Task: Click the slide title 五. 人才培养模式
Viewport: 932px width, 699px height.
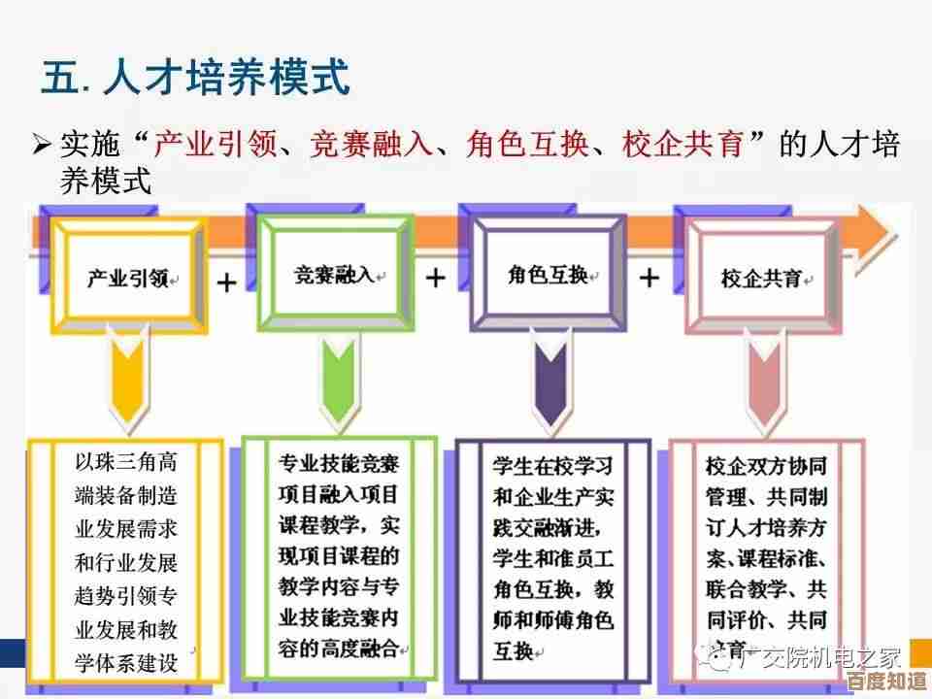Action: (x=194, y=78)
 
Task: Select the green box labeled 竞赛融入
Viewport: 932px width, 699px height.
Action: (x=334, y=275)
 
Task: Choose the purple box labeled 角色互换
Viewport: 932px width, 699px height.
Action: (x=547, y=275)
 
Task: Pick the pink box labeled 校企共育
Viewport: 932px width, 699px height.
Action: (x=760, y=278)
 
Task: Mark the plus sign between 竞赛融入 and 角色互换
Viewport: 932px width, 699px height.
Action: (x=436, y=279)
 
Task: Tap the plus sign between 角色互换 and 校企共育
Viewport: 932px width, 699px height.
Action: (x=649, y=279)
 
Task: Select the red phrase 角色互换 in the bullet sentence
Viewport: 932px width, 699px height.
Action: (x=527, y=146)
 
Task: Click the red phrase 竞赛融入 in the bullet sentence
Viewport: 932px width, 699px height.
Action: (x=372, y=146)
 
